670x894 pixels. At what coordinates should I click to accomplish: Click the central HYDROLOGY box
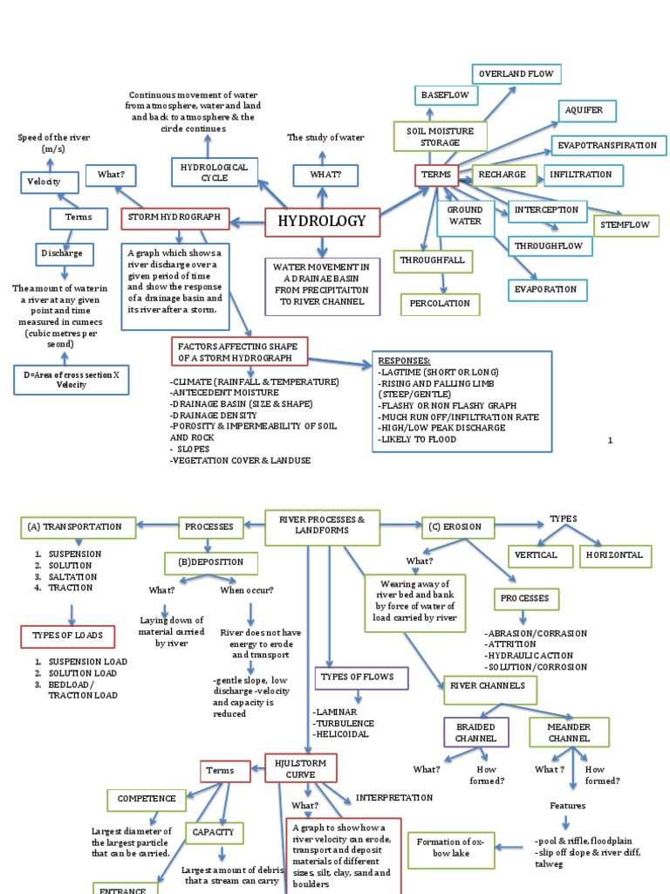point(322,222)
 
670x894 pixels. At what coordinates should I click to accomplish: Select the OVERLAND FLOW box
point(516,74)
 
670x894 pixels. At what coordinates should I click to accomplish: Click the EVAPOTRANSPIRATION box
point(608,146)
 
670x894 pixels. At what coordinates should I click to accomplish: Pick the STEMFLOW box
point(622,224)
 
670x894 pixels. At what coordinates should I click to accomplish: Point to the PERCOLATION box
point(440,304)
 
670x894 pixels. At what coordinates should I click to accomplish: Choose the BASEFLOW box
point(445,94)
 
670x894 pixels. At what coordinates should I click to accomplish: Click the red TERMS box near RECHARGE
point(436,175)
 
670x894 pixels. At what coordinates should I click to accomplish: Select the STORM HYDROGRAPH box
point(174,217)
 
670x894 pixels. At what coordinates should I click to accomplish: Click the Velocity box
point(50,182)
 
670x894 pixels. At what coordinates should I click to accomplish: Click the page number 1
point(611,440)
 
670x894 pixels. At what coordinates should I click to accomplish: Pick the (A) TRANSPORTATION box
point(78,527)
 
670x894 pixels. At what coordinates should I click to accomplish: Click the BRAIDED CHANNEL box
point(475,732)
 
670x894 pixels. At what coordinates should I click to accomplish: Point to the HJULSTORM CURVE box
point(300,768)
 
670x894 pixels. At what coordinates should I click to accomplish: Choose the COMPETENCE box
point(146,798)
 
